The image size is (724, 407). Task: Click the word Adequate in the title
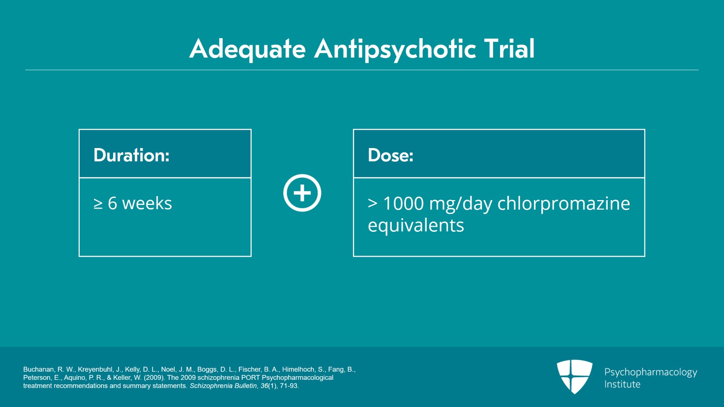(248, 49)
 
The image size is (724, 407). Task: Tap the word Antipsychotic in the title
(395, 49)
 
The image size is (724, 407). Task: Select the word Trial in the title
(509, 49)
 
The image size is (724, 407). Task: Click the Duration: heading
(131, 155)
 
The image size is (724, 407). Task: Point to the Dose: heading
(391, 155)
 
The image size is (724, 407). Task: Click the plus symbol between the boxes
(302, 193)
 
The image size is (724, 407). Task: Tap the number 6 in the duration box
(113, 204)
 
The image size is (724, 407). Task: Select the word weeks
(147, 204)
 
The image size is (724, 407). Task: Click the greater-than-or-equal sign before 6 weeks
(98, 204)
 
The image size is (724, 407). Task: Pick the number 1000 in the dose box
(403, 204)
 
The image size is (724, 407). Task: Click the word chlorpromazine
(563, 204)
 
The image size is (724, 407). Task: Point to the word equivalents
(416, 225)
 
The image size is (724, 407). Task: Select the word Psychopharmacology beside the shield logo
(651, 372)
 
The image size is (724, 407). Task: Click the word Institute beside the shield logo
(622, 384)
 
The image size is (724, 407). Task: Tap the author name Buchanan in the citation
(38, 369)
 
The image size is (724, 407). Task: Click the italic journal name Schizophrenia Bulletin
(223, 386)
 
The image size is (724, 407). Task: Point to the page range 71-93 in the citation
(289, 386)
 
